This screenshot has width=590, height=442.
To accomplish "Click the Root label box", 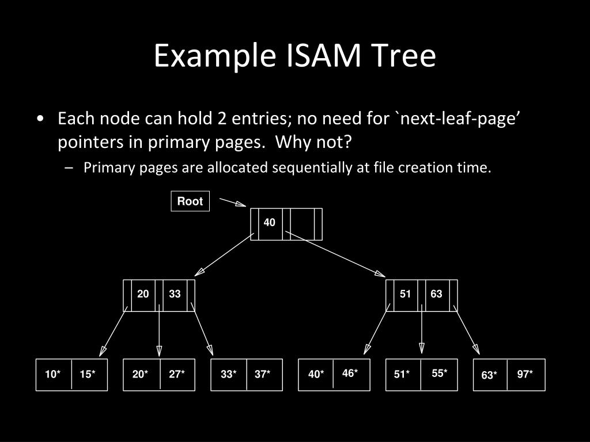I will [x=190, y=201].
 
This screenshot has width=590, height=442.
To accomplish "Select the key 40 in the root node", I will [x=270, y=223].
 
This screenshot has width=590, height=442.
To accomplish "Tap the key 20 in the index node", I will [x=143, y=294].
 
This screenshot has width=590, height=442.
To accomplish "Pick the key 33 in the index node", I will [x=175, y=294].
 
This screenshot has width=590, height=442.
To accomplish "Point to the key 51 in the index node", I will [x=406, y=294].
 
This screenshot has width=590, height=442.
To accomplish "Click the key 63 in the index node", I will [x=436, y=294].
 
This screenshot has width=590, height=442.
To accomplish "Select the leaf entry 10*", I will [x=53, y=375].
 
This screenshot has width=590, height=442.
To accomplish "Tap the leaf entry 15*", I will [x=88, y=375].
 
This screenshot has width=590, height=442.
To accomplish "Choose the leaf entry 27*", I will [x=177, y=375].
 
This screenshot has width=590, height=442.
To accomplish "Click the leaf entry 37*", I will [x=263, y=375].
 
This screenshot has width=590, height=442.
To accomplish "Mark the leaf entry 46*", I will [x=350, y=373].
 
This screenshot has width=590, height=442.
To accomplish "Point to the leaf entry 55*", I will [x=440, y=373].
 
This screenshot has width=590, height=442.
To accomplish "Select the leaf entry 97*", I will [x=525, y=375].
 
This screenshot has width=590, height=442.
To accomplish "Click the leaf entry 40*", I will [x=316, y=375].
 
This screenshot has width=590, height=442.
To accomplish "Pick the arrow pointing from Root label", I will [x=233, y=203].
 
